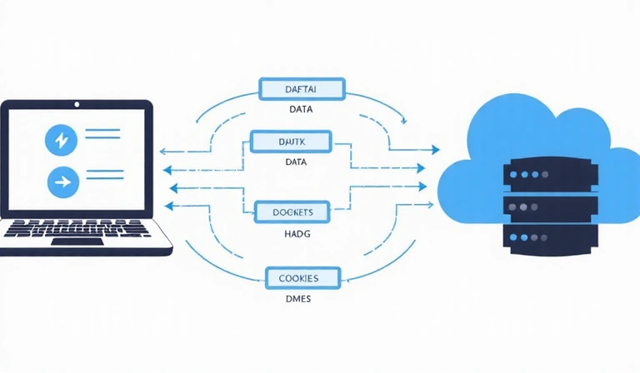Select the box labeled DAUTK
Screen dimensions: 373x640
tap(290, 142)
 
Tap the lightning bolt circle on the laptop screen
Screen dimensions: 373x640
tap(60, 140)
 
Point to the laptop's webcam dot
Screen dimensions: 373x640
tap(77, 106)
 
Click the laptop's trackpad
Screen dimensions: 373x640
tap(79, 241)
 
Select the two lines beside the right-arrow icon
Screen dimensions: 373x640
tap(104, 176)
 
